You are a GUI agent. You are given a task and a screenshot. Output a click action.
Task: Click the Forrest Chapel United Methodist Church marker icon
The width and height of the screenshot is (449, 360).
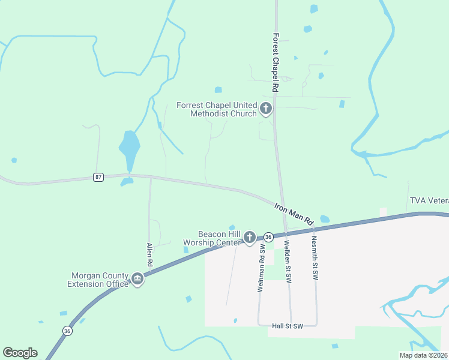tap(266, 109)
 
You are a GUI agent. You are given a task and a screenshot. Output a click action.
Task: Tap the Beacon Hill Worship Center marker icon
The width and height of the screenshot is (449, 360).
tap(250, 238)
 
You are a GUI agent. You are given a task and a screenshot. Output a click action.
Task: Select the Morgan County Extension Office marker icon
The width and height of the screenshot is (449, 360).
tap(137, 280)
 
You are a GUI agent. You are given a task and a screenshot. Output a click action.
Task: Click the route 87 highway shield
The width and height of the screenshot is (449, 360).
tap(98, 177)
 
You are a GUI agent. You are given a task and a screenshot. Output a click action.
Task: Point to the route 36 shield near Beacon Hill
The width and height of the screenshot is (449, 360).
tap(268, 237)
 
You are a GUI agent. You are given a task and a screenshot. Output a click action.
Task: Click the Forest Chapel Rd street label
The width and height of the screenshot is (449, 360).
tap(276, 62)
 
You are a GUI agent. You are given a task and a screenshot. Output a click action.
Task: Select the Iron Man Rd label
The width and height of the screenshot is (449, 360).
tap(294, 214)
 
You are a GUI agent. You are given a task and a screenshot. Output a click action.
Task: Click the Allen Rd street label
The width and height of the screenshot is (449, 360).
tap(149, 255)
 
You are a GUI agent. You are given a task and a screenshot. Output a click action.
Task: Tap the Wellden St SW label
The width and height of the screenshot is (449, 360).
tap(288, 262)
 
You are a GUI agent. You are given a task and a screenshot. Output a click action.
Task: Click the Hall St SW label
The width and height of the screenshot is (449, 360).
tap(287, 325)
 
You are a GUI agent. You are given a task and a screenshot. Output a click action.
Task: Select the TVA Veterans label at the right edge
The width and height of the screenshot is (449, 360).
tap(429, 200)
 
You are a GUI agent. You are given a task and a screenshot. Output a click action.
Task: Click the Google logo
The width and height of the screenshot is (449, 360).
tap(20, 353)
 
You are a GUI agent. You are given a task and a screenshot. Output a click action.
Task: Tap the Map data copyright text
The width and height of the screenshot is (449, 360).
tap(423, 355)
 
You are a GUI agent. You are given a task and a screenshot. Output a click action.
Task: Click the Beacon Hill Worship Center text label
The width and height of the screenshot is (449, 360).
tap(212, 238)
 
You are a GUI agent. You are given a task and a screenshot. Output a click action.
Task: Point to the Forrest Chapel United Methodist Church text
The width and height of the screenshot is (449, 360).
tap(217, 109)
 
